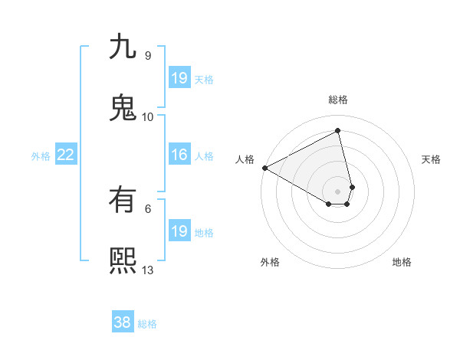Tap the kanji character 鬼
pos(123,107)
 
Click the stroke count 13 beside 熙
pos(148,270)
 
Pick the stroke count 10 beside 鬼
pos(148,116)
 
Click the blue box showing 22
pos(65,155)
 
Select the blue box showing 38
pos(123,323)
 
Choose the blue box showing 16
pos(179,155)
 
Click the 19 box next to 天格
pos(179,79)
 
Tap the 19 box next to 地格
pos(179,232)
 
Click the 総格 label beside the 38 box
pos(147,324)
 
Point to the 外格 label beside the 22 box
pos(41,156)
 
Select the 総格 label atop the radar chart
pos(338,100)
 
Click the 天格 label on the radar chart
pos(431,159)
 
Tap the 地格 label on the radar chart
pos(402,262)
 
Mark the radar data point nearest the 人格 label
pos(264,168)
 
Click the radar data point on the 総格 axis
pos(338,131)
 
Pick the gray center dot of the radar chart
pos(338,191)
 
